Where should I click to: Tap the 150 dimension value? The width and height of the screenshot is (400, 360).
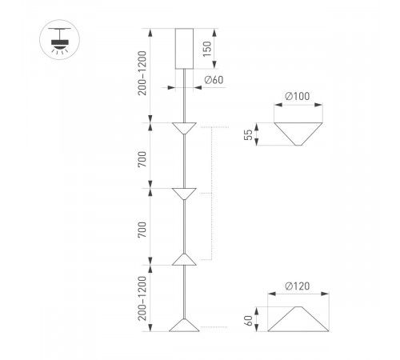(x=206, y=50)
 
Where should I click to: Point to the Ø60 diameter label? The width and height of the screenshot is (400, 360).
(x=214, y=79)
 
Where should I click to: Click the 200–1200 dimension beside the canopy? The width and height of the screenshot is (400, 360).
(x=142, y=74)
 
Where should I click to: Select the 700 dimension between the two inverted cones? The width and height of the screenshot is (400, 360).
(x=142, y=157)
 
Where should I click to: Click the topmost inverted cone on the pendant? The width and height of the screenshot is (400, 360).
(x=185, y=127)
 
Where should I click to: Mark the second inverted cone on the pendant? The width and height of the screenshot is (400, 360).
(x=185, y=193)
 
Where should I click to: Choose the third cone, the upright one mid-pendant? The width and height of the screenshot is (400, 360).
(x=185, y=259)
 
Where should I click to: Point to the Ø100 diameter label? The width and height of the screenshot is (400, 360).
(x=297, y=98)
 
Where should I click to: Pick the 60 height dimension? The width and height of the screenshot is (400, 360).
(x=248, y=318)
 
